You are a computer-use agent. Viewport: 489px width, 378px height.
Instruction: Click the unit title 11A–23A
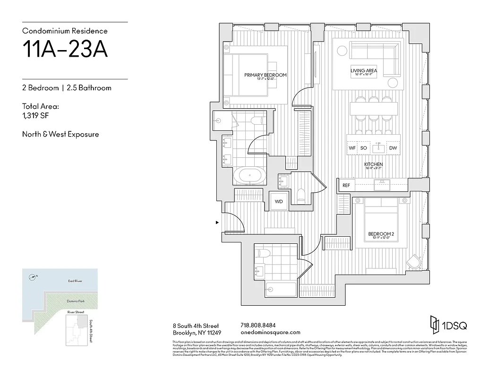point(65,50)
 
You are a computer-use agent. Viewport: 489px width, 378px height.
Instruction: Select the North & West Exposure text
point(60,134)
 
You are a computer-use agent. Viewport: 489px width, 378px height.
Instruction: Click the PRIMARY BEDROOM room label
point(265,75)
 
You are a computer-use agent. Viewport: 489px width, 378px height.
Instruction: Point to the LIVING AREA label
point(364,71)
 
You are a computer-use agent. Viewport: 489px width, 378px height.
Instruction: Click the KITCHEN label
point(373,164)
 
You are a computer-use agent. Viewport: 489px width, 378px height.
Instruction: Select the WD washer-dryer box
point(279,201)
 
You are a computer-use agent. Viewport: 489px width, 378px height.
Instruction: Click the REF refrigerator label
point(346,186)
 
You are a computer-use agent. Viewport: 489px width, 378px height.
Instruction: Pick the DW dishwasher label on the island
point(393,148)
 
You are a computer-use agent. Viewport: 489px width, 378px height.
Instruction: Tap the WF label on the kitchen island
point(352,148)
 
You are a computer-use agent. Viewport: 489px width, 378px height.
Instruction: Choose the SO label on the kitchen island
point(364,148)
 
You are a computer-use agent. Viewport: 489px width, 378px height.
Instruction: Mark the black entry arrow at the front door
point(217,222)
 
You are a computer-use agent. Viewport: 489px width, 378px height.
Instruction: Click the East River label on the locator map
point(75,282)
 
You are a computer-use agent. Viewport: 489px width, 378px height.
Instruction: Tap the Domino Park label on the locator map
point(74,301)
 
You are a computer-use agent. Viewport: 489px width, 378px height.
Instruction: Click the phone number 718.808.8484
point(258,325)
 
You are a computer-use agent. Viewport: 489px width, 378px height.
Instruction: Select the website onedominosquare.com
point(270,332)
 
